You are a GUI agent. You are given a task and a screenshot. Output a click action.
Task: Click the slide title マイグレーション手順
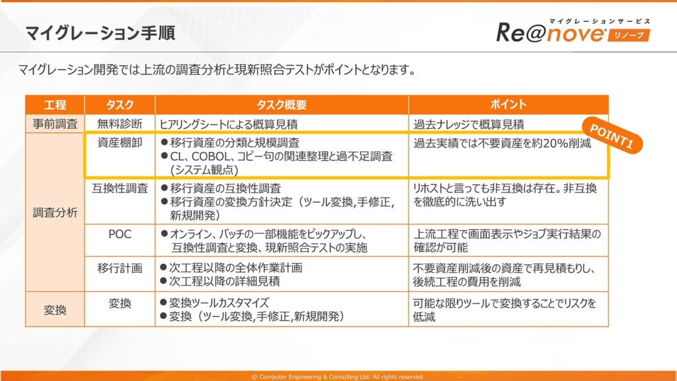(100, 33)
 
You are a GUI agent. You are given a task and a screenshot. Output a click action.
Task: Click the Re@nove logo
(573, 32)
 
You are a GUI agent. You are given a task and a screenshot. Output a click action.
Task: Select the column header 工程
(56, 105)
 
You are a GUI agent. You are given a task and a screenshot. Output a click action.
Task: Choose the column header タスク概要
(282, 105)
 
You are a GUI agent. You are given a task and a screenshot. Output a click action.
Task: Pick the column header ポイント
(508, 105)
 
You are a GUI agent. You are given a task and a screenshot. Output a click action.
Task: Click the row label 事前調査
(56, 124)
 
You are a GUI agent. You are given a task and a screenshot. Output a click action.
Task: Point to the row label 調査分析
(56, 212)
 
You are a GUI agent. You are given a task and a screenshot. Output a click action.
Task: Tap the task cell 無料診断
(120, 124)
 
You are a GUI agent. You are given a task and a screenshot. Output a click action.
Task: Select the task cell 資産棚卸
(120, 143)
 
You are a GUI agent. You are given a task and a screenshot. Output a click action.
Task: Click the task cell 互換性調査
(120, 189)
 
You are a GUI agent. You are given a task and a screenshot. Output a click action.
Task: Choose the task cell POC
(120, 234)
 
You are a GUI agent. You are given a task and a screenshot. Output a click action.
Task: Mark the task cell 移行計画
(120, 268)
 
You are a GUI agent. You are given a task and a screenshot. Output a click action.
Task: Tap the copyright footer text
(338, 376)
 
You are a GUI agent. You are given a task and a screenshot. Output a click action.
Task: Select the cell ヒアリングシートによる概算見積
(228, 124)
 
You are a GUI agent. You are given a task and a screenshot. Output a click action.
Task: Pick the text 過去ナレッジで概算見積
(469, 124)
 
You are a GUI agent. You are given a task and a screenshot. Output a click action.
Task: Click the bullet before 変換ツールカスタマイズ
(164, 302)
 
